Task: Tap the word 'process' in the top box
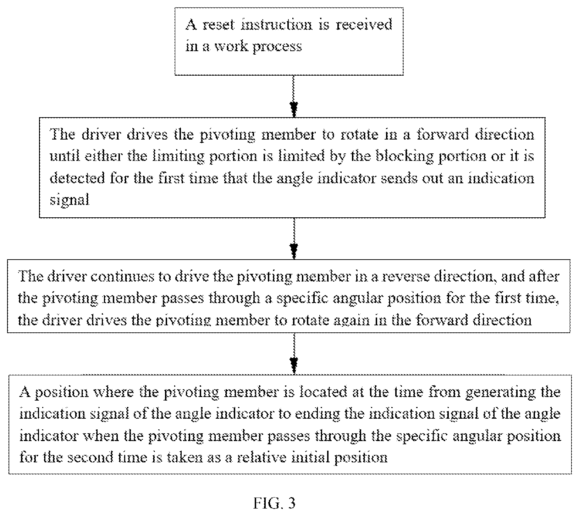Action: (277, 47)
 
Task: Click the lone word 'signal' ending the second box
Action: (69, 200)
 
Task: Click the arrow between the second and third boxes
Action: (294, 238)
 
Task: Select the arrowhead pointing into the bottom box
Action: (294, 366)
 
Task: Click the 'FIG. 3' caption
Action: (274, 503)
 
